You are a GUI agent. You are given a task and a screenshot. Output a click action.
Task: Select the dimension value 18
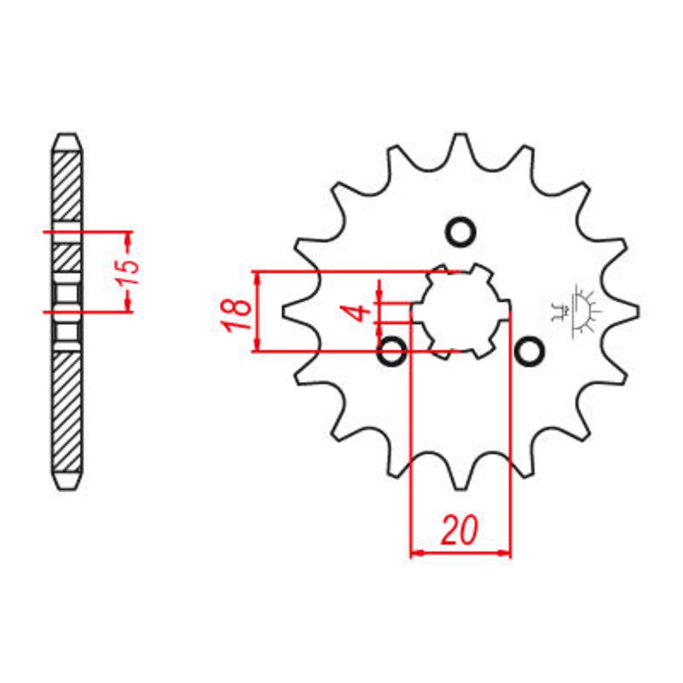[239, 314]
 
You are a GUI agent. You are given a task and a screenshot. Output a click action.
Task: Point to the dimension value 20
[460, 530]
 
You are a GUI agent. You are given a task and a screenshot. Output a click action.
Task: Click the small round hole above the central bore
[461, 233]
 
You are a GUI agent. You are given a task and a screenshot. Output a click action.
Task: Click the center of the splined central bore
[461, 311]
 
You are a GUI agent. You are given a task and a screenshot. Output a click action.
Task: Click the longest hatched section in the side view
[66, 411]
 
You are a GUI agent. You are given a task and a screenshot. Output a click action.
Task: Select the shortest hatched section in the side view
[66, 258]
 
